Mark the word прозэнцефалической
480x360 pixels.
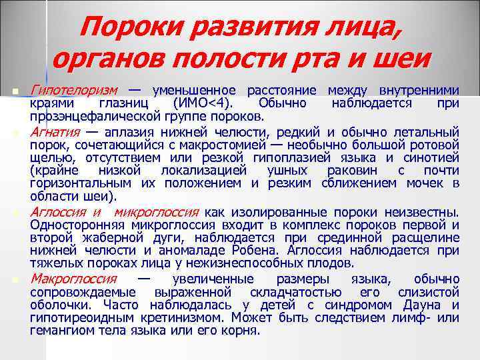point(87,117)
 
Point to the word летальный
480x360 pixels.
point(427,130)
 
